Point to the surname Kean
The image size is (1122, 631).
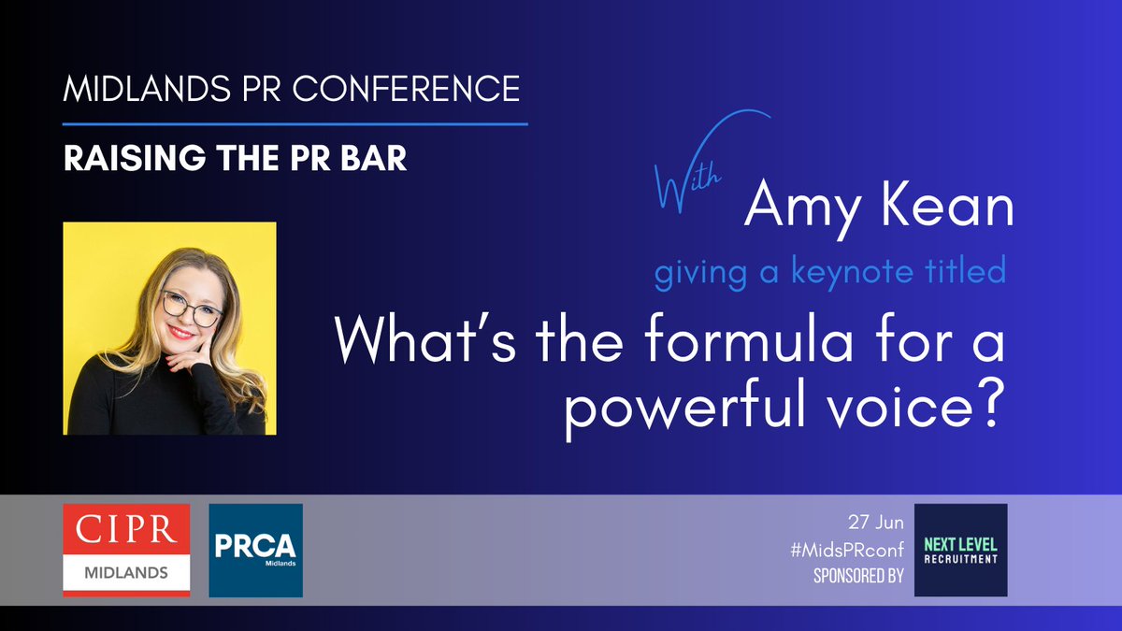point(946,208)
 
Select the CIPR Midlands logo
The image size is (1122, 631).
point(126,550)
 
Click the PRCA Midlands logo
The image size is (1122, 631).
point(255,550)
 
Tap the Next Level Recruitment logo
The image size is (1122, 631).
point(960,550)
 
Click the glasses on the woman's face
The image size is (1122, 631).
point(192,307)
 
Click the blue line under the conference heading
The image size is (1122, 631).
point(295,123)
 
